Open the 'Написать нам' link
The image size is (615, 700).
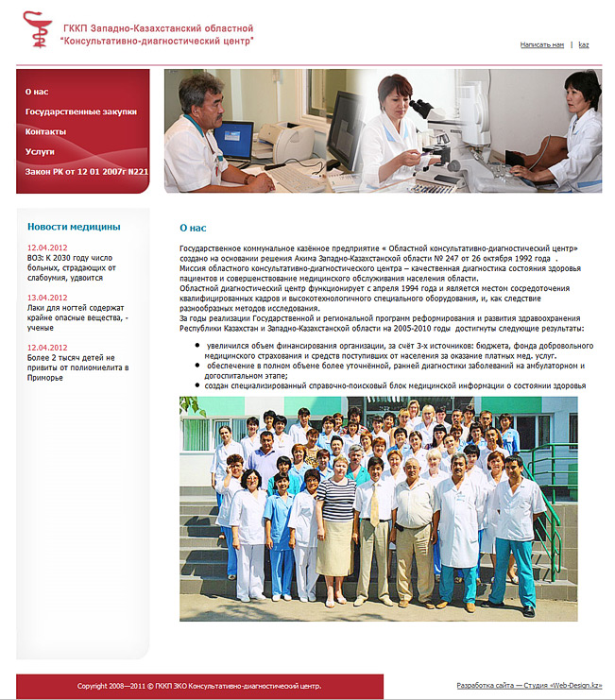pos(542,44)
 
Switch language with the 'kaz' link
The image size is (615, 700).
pos(584,44)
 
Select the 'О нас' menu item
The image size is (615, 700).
pos(37,92)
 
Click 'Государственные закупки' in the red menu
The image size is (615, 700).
pos(81,111)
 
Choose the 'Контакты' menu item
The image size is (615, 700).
pos(45,131)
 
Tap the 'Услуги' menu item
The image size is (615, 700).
pos(40,151)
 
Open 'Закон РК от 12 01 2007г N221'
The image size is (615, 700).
pos(87,171)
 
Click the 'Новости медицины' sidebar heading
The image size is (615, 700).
pos(74,227)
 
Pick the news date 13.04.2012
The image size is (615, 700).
pos(47,298)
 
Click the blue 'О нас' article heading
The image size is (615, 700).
pos(193,228)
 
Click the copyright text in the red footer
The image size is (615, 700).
pos(199,686)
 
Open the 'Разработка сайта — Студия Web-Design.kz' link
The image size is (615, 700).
pos(529,686)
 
